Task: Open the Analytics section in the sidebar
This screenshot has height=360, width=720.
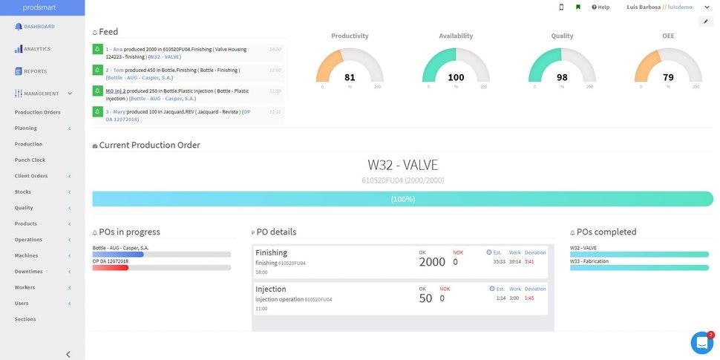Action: (36, 49)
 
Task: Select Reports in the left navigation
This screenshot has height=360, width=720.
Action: (34, 71)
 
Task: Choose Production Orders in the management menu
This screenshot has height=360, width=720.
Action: (37, 112)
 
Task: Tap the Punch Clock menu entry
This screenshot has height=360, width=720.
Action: (30, 160)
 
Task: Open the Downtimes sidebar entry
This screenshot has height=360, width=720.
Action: (28, 271)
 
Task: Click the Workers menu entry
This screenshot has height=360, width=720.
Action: (24, 287)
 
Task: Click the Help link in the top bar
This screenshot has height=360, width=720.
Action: (600, 7)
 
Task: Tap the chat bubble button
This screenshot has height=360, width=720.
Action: (701, 342)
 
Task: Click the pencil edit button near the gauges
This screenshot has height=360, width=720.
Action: (705, 22)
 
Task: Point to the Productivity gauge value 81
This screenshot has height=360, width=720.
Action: (350, 77)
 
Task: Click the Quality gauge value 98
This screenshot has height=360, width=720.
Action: (562, 77)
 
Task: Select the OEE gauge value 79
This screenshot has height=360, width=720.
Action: (668, 77)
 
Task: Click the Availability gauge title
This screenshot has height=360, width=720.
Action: (456, 36)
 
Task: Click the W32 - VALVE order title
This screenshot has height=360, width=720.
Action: (402, 165)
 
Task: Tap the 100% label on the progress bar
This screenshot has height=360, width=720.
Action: (402, 199)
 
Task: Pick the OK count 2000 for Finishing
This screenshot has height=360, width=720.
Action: (432, 261)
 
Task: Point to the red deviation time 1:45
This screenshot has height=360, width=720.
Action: (529, 298)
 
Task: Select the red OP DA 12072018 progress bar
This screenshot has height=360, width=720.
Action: (111, 267)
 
